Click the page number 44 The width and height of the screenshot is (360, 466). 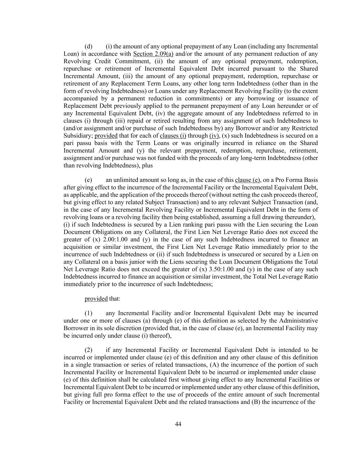pos(178,424)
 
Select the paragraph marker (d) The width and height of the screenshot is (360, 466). pos(88,46)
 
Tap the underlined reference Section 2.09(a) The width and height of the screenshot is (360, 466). pos(153,54)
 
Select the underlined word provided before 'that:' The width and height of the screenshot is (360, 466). pos(96,299)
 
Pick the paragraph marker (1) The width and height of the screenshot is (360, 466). pos(88,313)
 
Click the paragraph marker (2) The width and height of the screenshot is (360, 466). pos(88,350)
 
